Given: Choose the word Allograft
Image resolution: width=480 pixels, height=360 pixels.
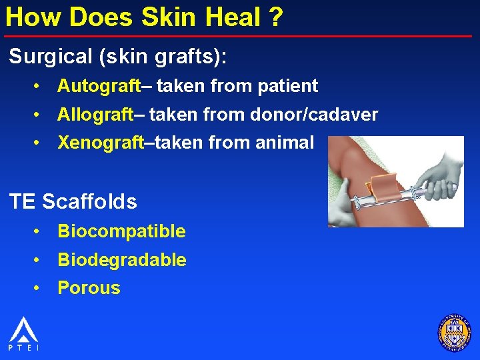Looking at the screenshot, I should (x=95, y=115).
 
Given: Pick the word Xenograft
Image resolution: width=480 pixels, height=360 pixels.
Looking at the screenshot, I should (x=100, y=143).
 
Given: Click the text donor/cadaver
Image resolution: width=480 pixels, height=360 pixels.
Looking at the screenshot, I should (x=314, y=115).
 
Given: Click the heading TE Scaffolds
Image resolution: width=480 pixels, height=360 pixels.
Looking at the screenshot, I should (x=73, y=201).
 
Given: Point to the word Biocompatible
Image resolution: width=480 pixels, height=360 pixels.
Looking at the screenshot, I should (x=121, y=231).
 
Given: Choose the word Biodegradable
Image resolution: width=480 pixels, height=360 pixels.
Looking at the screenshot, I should (x=122, y=260).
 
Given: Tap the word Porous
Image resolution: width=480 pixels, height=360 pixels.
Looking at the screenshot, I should (x=89, y=288).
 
